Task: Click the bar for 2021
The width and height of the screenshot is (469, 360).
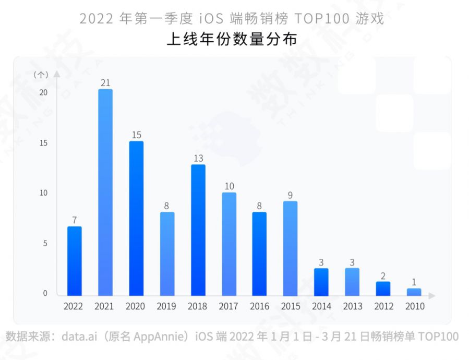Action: pyautogui.click(x=105, y=193)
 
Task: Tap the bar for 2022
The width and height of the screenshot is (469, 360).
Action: pyautogui.click(x=75, y=261)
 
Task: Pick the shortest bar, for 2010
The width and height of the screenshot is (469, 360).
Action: pyautogui.click(x=414, y=292)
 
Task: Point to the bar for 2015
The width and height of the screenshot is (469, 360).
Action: pyautogui.click(x=290, y=248)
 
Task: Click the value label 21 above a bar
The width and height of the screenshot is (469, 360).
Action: pyautogui.click(x=105, y=82)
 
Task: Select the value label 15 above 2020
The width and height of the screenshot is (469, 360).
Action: pyautogui.click(x=136, y=135)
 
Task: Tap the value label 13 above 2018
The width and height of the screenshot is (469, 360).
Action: pyautogui.click(x=198, y=158)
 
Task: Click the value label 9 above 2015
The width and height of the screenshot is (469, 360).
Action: pyautogui.click(x=290, y=195)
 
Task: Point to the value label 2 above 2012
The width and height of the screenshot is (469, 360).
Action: pyautogui.click(x=383, y=276)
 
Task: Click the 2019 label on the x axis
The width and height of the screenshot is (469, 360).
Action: pyautogui.click(x=166, y=306)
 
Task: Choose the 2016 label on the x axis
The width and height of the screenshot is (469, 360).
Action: pyautogui.click(x=259, y=306)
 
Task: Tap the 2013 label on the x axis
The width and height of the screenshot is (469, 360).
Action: pyautogui.click(x=353, y=306)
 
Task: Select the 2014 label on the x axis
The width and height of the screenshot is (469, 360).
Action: pyautogui.click(x=321, y=306)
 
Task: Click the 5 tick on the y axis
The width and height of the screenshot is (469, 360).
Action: pyautogui.click(x=45, y=244)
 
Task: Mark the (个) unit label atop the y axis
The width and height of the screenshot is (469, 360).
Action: pyautogui.click(x=41, y=75)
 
